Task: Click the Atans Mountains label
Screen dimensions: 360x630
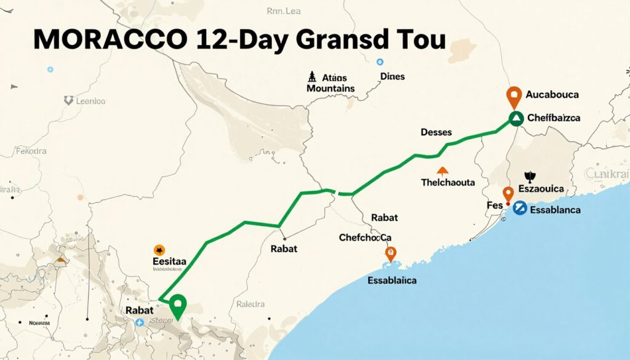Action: pyautogui.click(x=330, y=83)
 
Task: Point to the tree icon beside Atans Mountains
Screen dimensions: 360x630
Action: pyautogui.click(x=311, y=78)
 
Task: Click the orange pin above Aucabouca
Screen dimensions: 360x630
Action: pyautogui.click(x=514, y=96)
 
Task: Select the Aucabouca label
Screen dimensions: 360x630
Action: pyautogui.click(x=553, y=95)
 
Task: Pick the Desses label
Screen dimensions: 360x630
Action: pyautogui.click(x=436, y=132)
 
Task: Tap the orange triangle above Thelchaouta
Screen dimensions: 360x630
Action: pyautogui.click(x=441, y=170)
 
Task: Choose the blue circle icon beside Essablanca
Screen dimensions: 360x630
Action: pyautogui.click(x=519, y=209)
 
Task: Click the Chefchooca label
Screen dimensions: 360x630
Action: pyautogui.click(x=365, y=237)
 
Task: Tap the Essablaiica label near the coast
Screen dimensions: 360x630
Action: pyautogui.click(x=391, y=281)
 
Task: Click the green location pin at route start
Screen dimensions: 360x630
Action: pyautogui.click(x=178, y=305)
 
